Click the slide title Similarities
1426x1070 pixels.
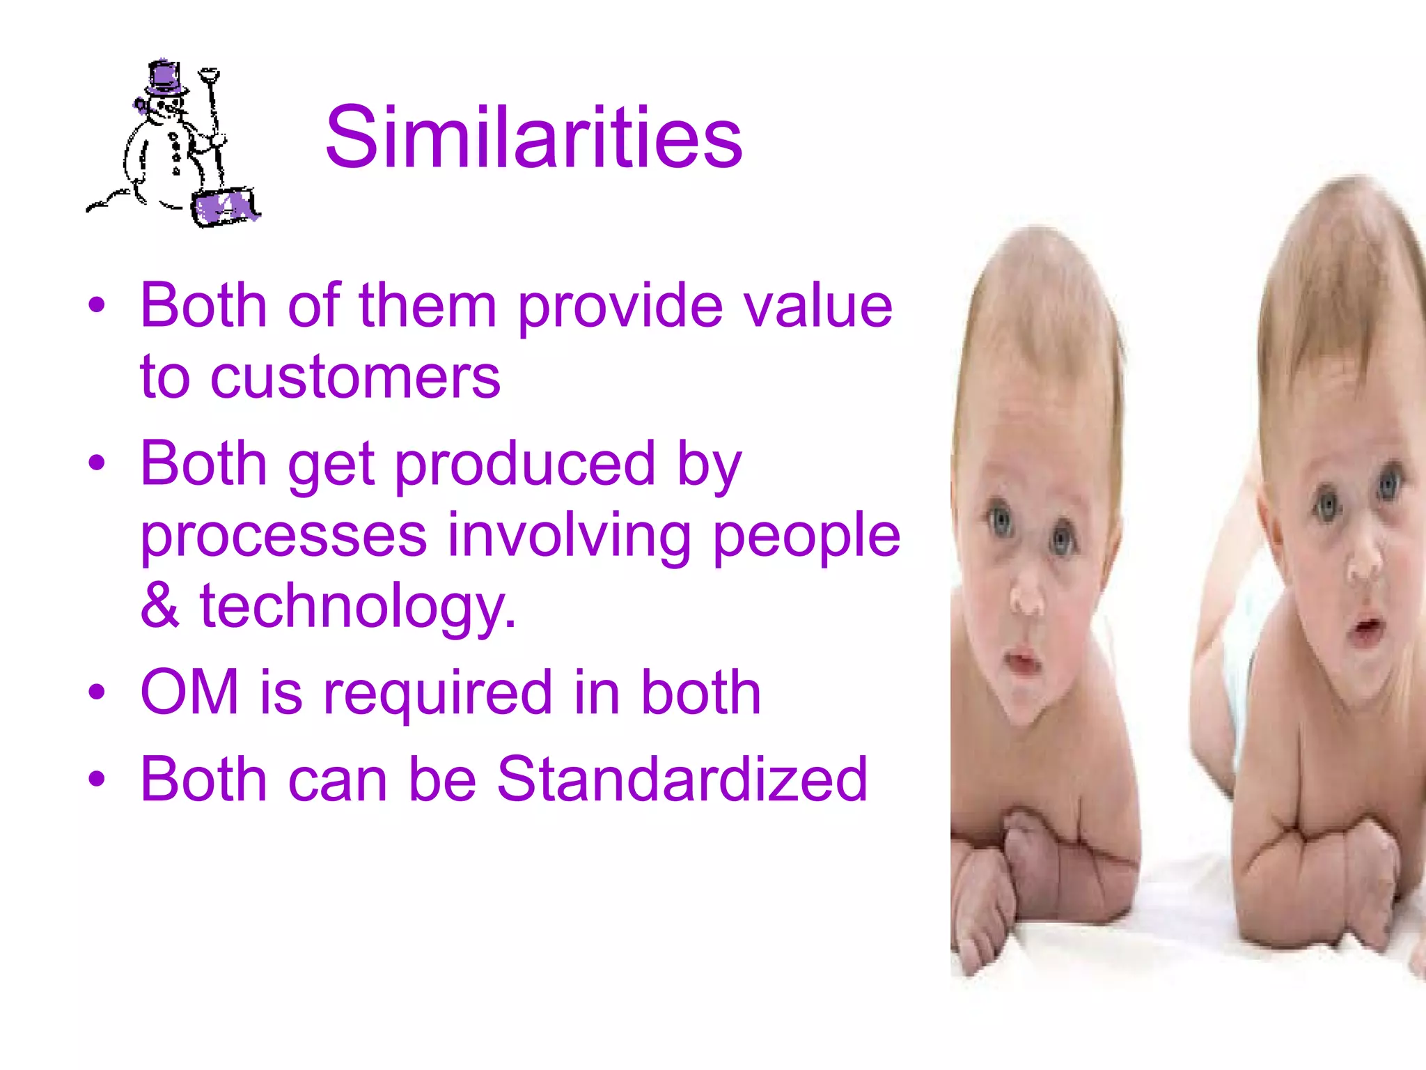533,137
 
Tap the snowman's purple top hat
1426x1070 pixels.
166,79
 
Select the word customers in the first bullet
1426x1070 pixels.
355,378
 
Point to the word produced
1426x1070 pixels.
526,465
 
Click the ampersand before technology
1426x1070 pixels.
159,605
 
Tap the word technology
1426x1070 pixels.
358,607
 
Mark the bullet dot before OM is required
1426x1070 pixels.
97,692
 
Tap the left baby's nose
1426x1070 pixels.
1026,598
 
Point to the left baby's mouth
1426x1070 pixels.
1021,660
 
